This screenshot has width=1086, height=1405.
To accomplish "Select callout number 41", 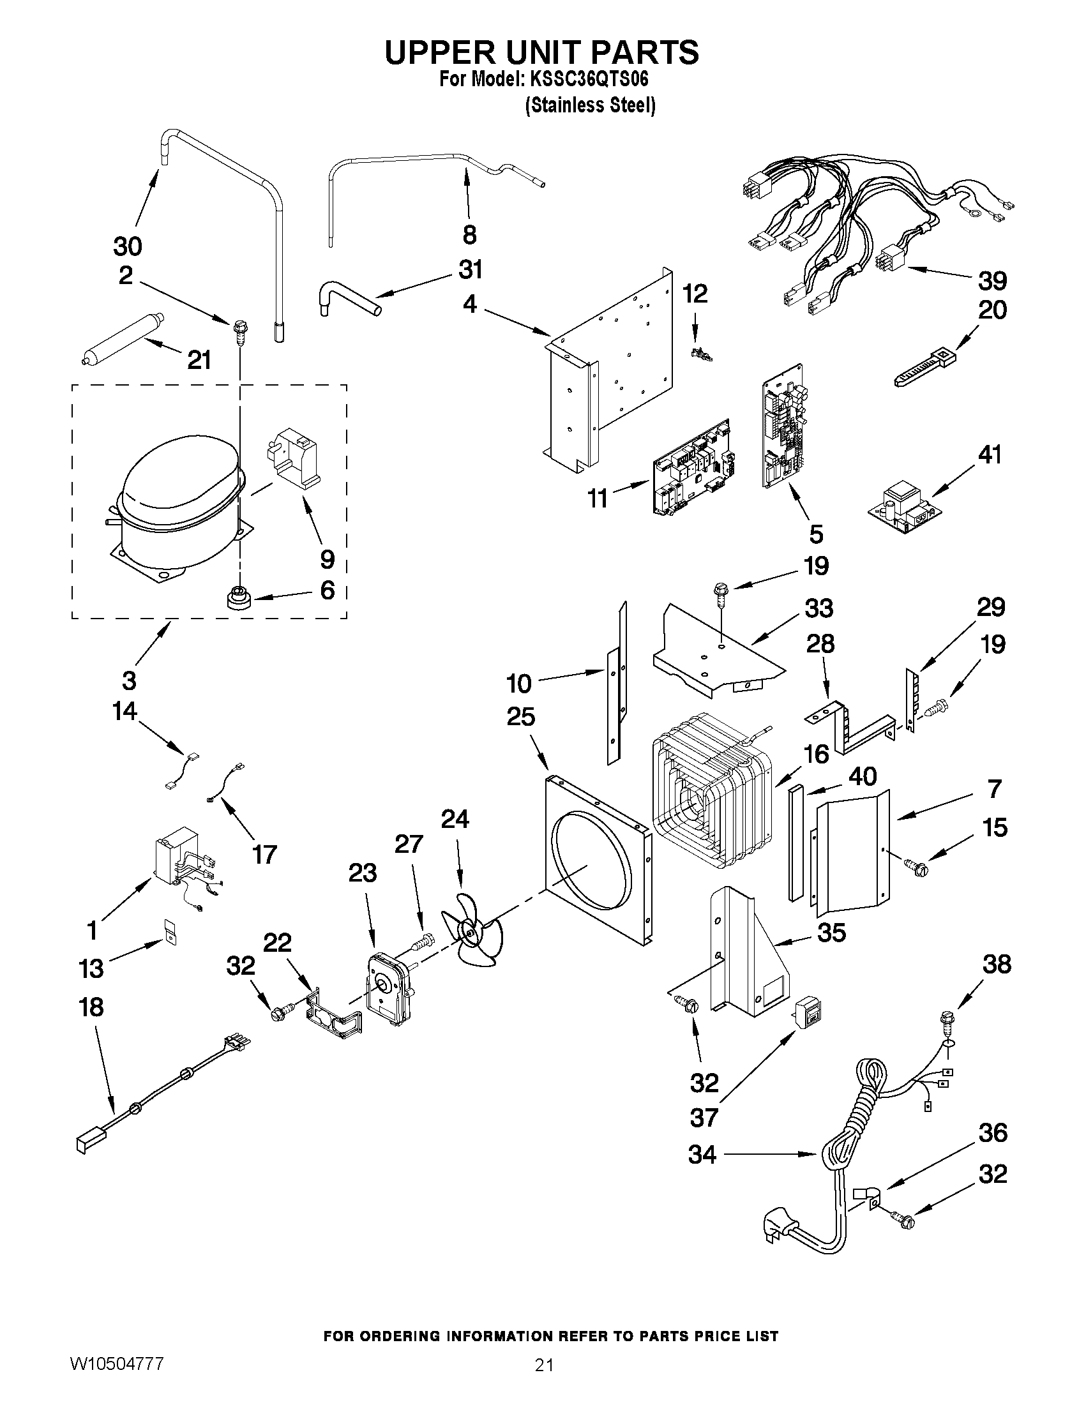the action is pyautogui.click(x=990, y=455).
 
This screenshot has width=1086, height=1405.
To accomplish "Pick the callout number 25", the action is pyautogui.click(x=520, y=716).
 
